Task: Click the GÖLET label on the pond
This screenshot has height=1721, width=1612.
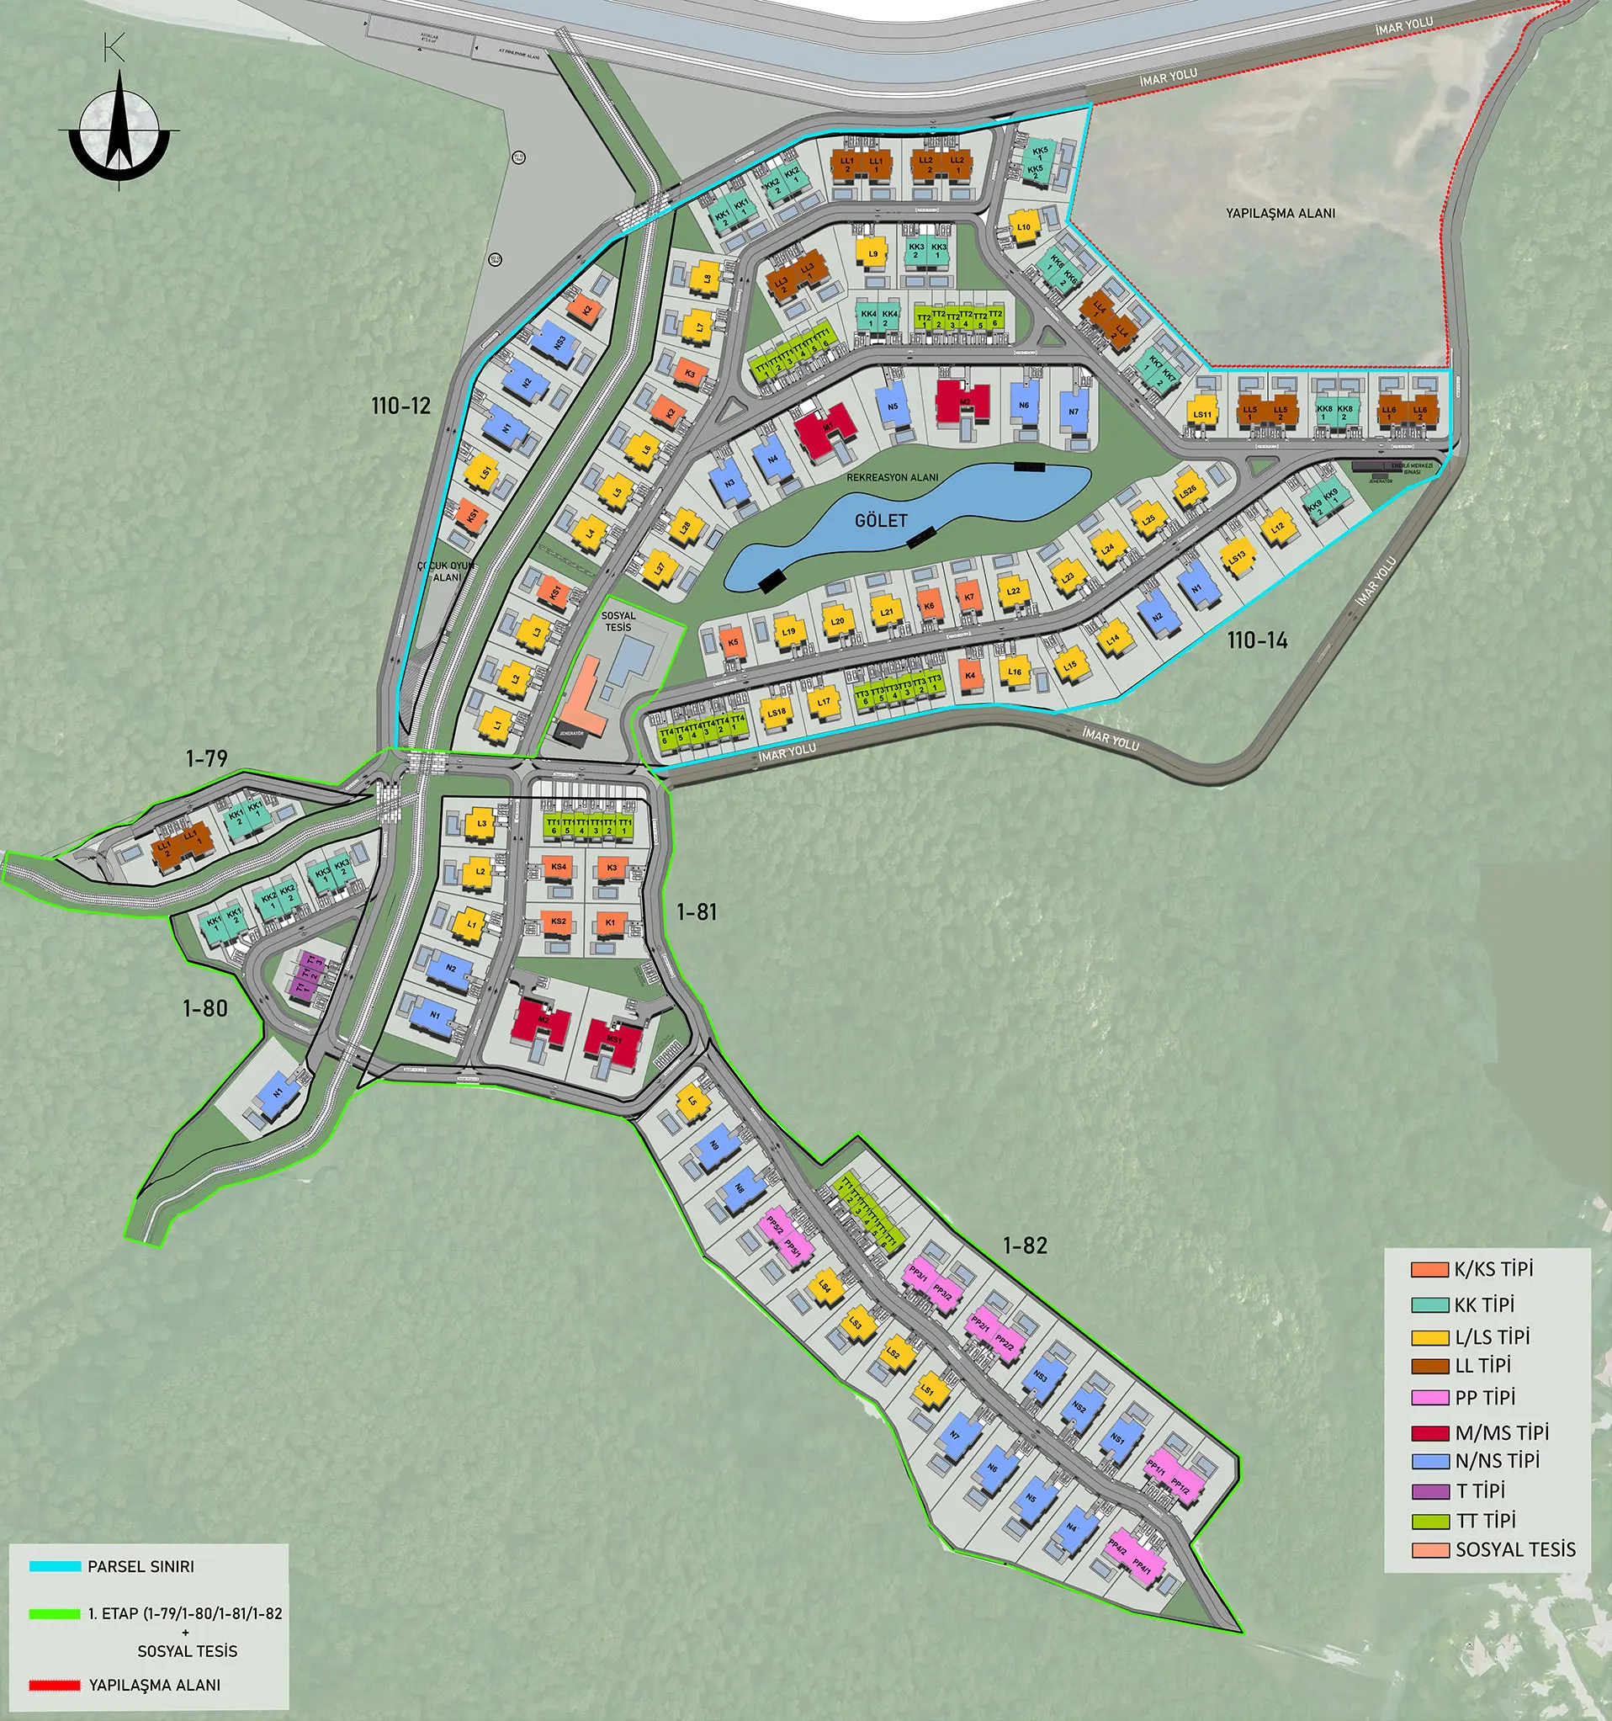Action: tap(881, 520)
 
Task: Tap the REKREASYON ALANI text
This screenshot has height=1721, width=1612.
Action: tap(892, 477)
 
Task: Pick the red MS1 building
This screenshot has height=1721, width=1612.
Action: tap(613, 1038)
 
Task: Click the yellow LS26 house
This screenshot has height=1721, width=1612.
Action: tap(1188, 491)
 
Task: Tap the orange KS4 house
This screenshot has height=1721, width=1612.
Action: tap(558, 868)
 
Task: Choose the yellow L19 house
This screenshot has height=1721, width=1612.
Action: tap(788, 632)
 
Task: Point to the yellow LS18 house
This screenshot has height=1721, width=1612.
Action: tap(777, 714)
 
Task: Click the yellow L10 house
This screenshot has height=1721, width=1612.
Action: tap(1024, 228)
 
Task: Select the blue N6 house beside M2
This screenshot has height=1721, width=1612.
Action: tap(1024, 405)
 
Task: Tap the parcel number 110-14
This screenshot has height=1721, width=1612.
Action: tap(1256, 640)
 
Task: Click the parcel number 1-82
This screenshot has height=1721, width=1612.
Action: tap(1025, 1245)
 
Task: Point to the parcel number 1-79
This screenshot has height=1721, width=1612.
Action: tap(207, 758)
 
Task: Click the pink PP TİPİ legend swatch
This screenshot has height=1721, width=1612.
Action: tap(1429, 1398)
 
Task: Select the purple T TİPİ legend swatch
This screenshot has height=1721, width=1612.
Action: tap(1429, 1491)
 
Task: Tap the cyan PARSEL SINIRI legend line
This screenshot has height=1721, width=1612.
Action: tap(56, 1567)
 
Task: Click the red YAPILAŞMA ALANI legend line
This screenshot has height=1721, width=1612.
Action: tap(56, 1686)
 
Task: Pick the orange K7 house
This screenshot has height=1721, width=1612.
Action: tap(969, 597)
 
